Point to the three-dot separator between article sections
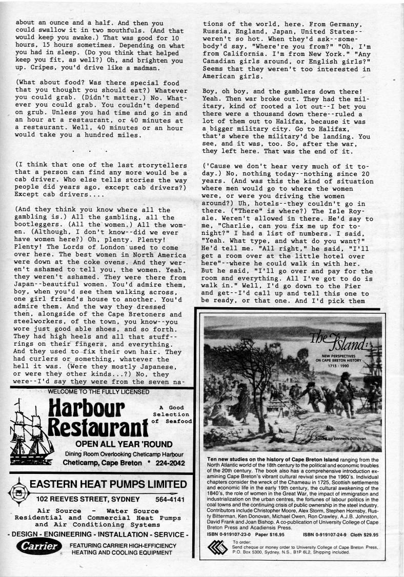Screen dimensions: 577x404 (x=90, y=151)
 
